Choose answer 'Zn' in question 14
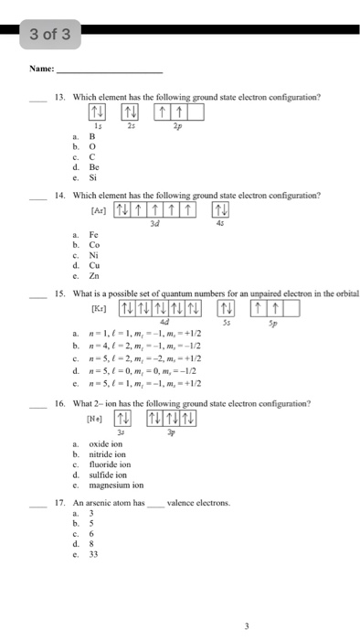(93, 273)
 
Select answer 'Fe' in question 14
(93, 236)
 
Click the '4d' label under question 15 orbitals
(164, 320)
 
